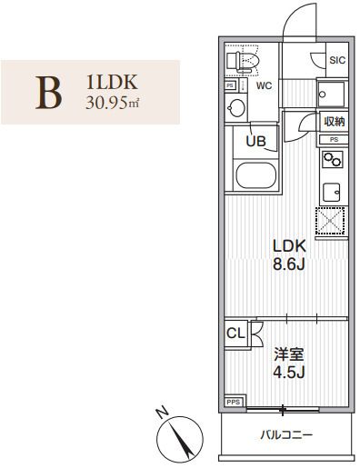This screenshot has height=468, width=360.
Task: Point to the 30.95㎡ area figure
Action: coord(111,101)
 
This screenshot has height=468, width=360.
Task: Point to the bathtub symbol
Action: coord(258,174)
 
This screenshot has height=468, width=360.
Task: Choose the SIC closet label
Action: coord(335,61)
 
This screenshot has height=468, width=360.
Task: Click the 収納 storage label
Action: coord(335,122)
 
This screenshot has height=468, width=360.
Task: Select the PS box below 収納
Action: coord(334,139)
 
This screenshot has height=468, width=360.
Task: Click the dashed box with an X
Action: coord(331,220)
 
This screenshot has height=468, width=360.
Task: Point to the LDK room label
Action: coord(288,245)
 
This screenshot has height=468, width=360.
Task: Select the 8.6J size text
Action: coord(288,265)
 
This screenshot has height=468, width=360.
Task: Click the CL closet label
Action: coord(235,334)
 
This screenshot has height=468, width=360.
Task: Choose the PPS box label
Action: coord(234,401)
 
